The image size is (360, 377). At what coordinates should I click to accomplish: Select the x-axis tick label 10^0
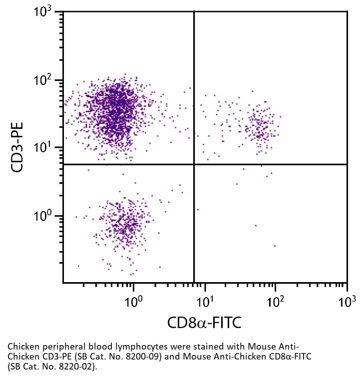(x=133, y=301)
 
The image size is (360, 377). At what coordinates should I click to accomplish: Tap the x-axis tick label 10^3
(x=346, y=301)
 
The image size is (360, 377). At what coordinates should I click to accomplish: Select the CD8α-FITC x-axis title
(x=204, y=323)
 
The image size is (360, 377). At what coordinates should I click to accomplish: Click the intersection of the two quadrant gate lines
(x=194, y=164)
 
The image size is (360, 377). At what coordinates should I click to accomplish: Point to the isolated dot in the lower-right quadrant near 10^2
(x=275, y=246)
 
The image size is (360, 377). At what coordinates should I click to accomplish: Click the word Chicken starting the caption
(x=21, y=347)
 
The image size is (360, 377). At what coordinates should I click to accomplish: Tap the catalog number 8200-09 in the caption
(x=149, y=356)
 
